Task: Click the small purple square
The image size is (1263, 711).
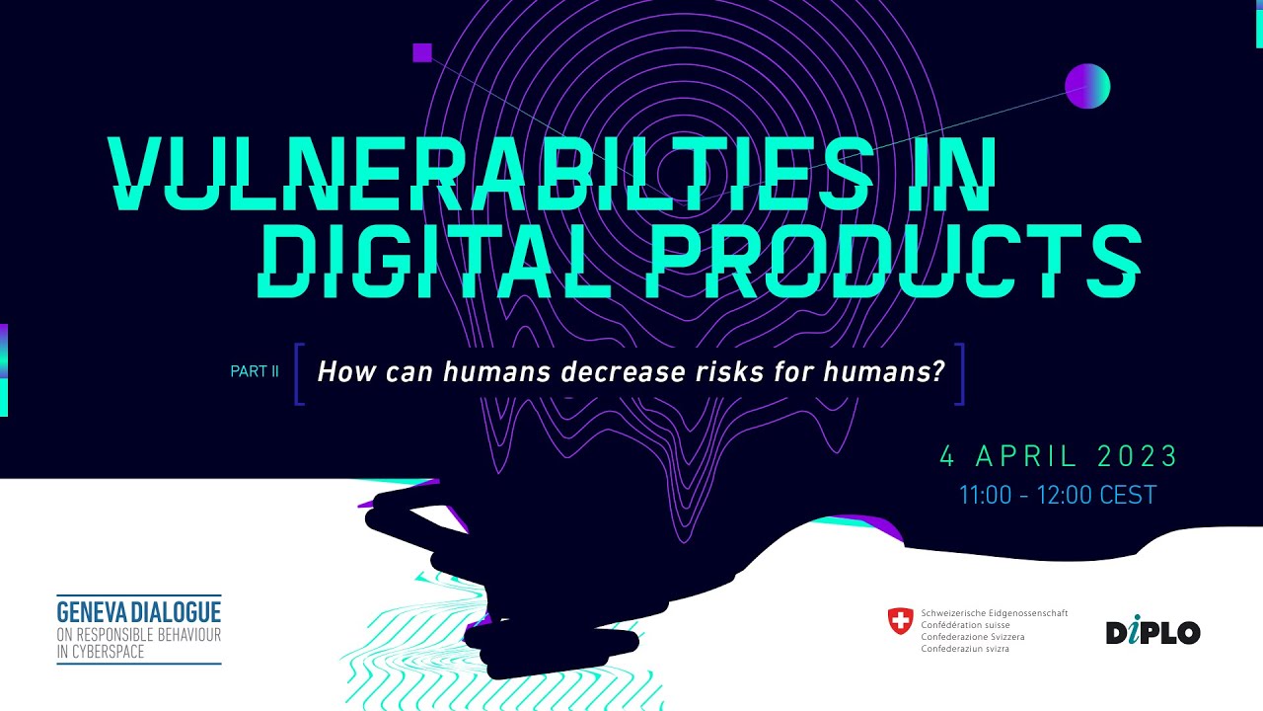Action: tap(422, 52)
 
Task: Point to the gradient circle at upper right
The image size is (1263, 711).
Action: tap(1087, 86)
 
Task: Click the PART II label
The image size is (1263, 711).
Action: tap(255, 372)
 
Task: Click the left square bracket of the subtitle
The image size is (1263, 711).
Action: tap(299, 373)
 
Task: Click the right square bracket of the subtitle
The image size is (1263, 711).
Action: tap(959, 373)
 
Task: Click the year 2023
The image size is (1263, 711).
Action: tap(1138, 456)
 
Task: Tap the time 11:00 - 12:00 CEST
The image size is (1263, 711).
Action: tap(1057, 496)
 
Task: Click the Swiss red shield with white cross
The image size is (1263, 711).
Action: tap(900, 621)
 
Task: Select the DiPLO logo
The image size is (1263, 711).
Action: tap(1152, 632)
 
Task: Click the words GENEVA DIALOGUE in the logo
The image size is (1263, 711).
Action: tap(139, 610)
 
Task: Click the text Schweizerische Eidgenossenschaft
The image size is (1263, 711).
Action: tap(994, 613)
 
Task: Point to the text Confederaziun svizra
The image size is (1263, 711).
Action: tap(965, 649)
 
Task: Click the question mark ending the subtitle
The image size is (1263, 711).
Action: tap(938, 372)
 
